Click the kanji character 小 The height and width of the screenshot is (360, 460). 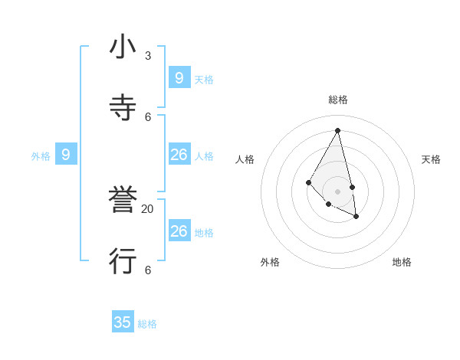click(x=123, y=47)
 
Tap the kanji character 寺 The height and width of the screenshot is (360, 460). click(x=123, y=107)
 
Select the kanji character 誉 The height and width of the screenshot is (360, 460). click(x=123, y=201)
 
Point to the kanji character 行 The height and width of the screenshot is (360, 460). click(x=123, y=261)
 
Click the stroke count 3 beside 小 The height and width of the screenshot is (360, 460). click(x=148, y=56)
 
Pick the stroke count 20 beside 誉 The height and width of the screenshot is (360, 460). click(x=148, y=209)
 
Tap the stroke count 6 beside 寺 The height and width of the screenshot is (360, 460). click(x=148, y=116)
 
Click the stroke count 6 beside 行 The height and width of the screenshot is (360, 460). click(x=148, y=270)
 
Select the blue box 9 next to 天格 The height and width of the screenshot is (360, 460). click(x=179, y=77)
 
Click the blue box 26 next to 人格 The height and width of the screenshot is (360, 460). click(x=179, y=155)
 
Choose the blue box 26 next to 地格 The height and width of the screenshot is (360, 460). click(x=179, y=231)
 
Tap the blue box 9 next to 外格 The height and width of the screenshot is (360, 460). click(x=66, y=155)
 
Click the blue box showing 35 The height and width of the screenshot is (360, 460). click(x=123, y=322)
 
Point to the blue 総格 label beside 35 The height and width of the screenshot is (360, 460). click(x=147, y=324)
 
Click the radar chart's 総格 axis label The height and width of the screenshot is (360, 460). click(x=338, y=100)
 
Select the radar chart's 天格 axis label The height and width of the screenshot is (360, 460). click(x=431, y=159)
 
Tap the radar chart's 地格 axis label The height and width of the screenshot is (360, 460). click(x=402, y=262)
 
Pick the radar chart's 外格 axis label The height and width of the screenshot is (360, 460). click(x=270, y=262)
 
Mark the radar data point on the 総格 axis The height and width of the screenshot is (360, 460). click(x=338, y=130)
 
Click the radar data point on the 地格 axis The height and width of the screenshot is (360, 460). click(x=356, y=217)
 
